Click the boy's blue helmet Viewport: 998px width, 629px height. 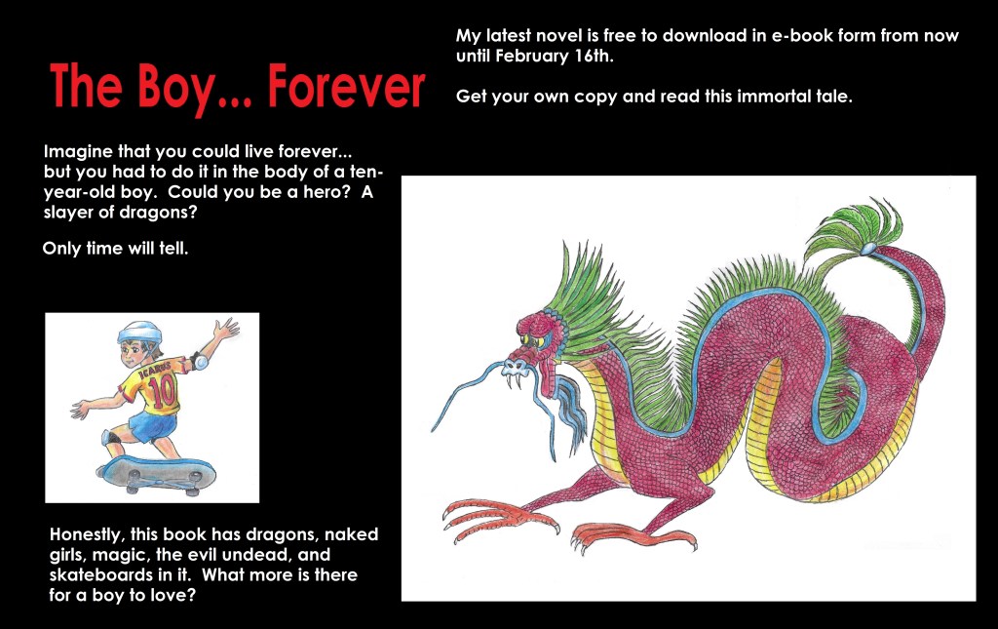point(138,332)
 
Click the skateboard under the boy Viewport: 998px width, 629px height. point(157,474)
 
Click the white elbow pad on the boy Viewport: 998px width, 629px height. point(201,363)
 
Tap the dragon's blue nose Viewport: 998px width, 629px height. point(515,368)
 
